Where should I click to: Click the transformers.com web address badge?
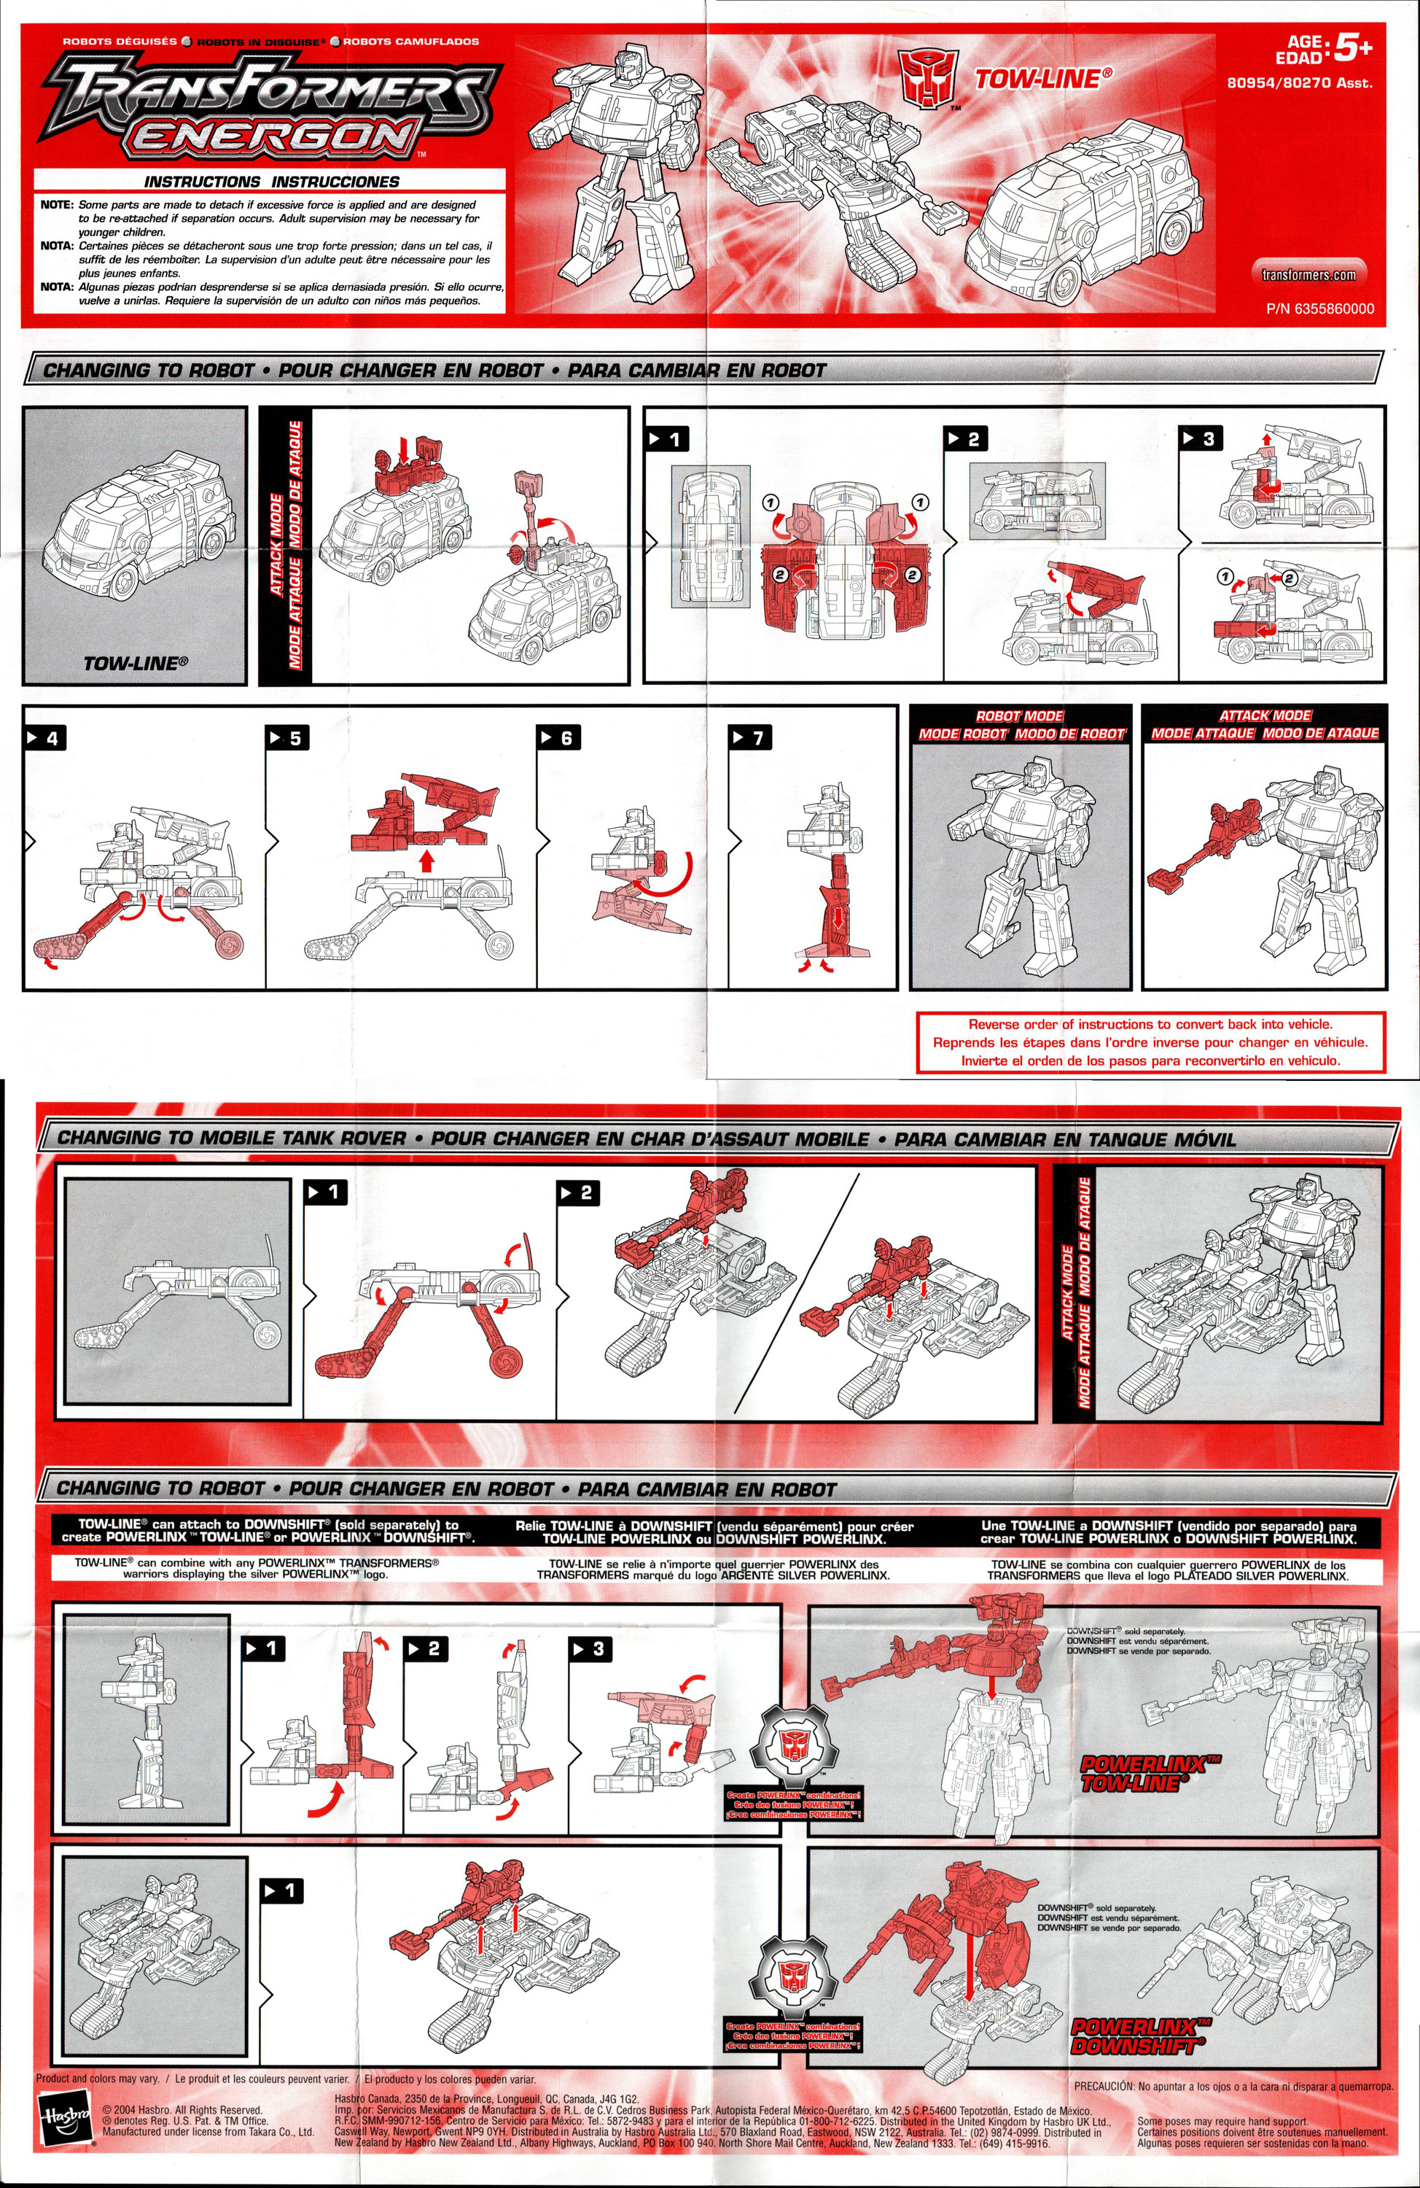click(x=1308, y=274)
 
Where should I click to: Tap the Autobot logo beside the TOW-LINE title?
click(x=927, y=78)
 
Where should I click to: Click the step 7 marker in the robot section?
click(x=749, y=737)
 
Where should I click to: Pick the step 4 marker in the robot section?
click(x=46, y=737)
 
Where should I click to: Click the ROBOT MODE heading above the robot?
click(x=1019, y=715)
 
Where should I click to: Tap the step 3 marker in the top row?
click(x=1201, y=438)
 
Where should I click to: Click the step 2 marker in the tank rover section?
click(x=578, y=1192)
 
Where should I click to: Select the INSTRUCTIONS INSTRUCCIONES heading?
click(x=271, y=182)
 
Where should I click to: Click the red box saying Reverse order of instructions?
click(x=1150, y=1041)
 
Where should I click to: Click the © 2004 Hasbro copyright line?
click(x=183, y=2110)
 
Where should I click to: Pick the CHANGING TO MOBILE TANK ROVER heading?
click(x=232, y=1137)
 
